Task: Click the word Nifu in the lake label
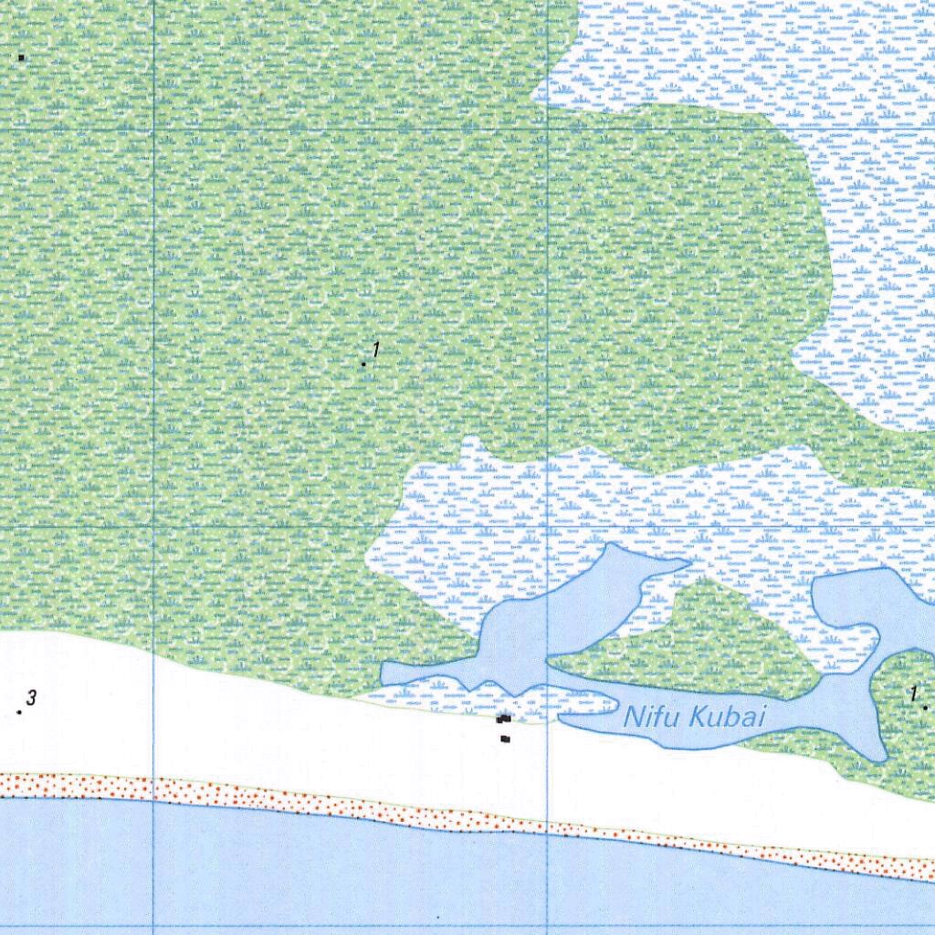(650, 717)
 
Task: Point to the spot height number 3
(31, 699)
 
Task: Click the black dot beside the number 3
(19, 711)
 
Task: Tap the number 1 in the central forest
(374, 350)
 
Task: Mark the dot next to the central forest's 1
(363, 363)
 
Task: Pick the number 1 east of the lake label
(912, 693)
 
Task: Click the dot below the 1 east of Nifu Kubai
(924, 707)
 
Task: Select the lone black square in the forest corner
(21, 58)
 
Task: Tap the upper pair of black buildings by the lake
(503, 720)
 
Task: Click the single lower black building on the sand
(505, 739)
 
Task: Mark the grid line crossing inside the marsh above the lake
(546, 528)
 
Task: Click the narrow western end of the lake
(387, 673)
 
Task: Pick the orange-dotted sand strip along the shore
(365, 804)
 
